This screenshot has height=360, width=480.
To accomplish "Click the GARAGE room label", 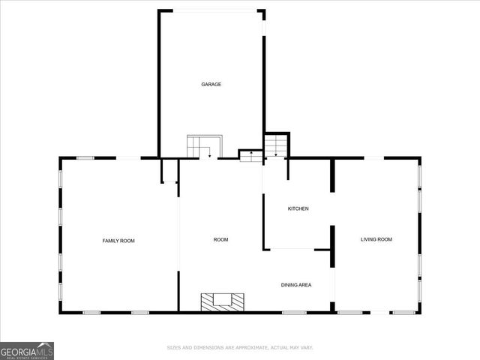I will coord(211,84).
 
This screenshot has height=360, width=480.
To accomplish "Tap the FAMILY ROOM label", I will coord(118,240).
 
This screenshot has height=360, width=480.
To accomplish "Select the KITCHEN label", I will coord(298,208).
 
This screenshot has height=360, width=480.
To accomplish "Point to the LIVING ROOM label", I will coord(376,239).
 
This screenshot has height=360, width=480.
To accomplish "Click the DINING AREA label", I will coord(296,284).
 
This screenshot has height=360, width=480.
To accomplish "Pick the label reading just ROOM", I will coord(220,239).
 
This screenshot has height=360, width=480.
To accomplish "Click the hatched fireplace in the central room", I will coord(222,301).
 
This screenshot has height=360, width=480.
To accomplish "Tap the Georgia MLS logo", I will coord(27,350).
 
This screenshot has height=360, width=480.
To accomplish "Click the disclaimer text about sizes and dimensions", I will coord(239,347).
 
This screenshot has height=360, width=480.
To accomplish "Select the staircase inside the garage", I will coord(205,146).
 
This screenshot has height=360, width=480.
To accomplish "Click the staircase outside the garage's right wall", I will coord(276,144).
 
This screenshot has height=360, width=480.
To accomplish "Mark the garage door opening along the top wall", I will coord(211,10).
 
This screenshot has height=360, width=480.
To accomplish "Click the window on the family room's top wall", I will coord(85,157).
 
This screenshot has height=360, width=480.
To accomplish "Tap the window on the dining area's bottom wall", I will coord(293,311).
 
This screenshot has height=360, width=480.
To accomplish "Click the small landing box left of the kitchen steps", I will coord(250,155).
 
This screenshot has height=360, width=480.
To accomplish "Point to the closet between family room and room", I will coord(169,170).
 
